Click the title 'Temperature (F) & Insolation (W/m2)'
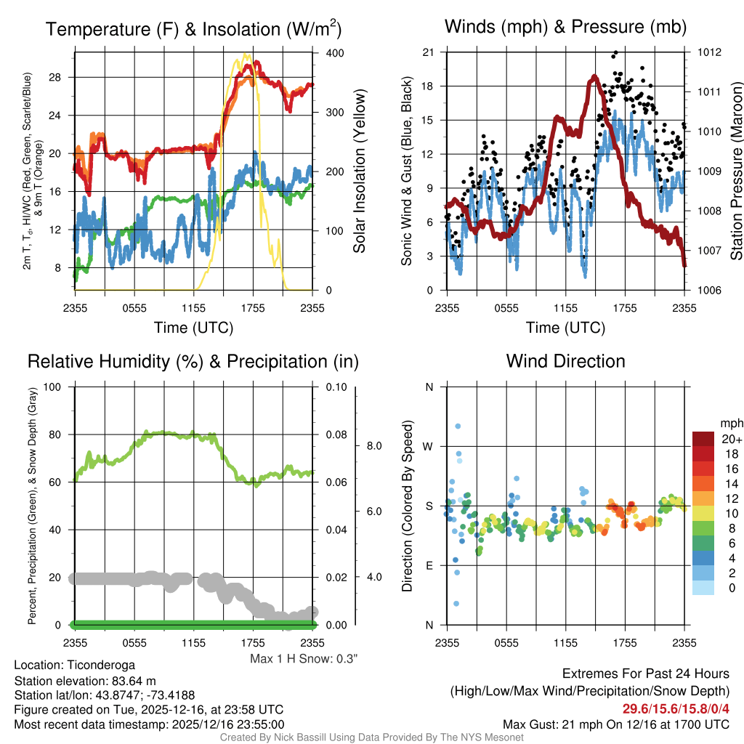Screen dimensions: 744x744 coord(193,29)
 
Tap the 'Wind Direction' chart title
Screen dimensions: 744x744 coord(565,361)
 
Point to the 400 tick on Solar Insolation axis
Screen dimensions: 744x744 coord(325,53)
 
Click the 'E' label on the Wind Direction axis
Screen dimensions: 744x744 coord(429,566)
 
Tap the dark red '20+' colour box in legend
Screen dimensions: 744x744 coord(704,439)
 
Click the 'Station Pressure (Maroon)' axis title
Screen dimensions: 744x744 coord(735,171)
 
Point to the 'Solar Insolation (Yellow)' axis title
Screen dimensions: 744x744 coord(359,171)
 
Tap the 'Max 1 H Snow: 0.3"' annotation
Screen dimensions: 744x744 coord(304,658)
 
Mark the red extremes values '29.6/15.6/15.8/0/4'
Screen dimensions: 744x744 coord(675,708)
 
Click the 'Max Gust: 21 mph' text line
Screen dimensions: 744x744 coord(616,724)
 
